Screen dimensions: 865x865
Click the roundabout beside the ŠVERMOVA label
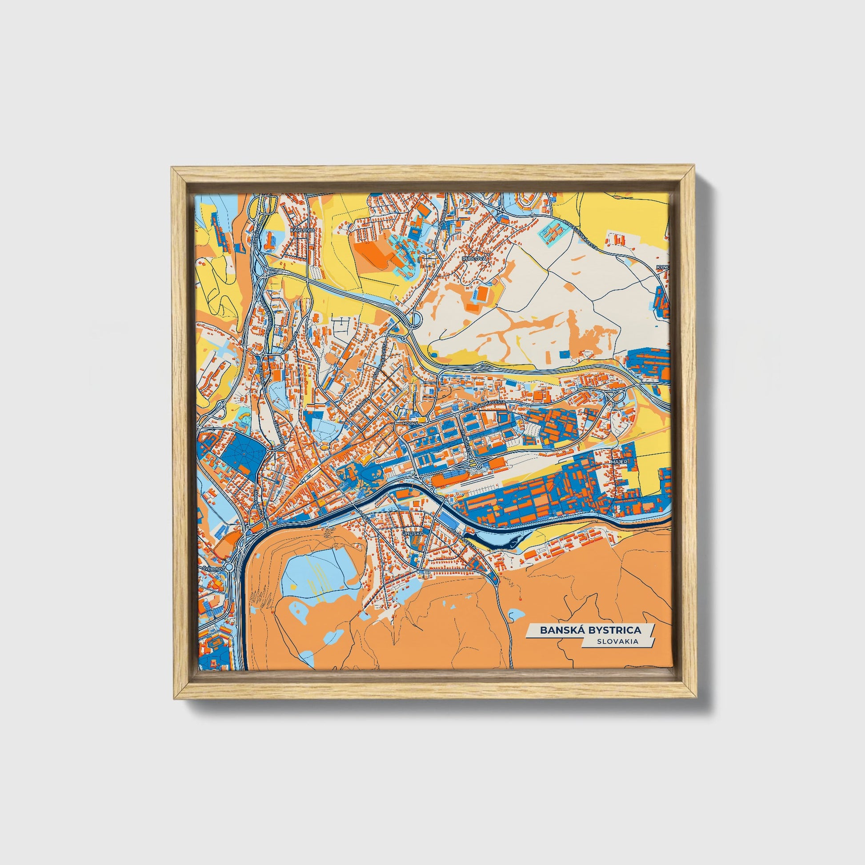(229, 567)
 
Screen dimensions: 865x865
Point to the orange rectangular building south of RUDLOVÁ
(483, 294)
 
